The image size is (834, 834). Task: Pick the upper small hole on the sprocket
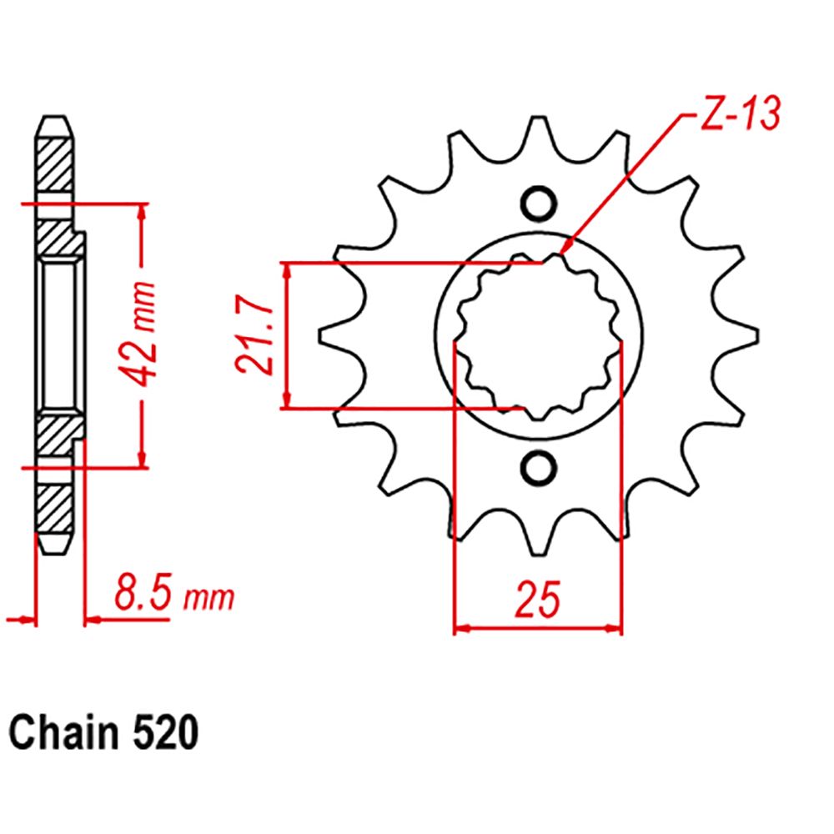(537, 203)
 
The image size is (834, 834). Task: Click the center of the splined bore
(538, 336)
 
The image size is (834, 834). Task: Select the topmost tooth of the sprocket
(537, 133)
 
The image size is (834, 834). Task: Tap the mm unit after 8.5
(209, 599)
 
